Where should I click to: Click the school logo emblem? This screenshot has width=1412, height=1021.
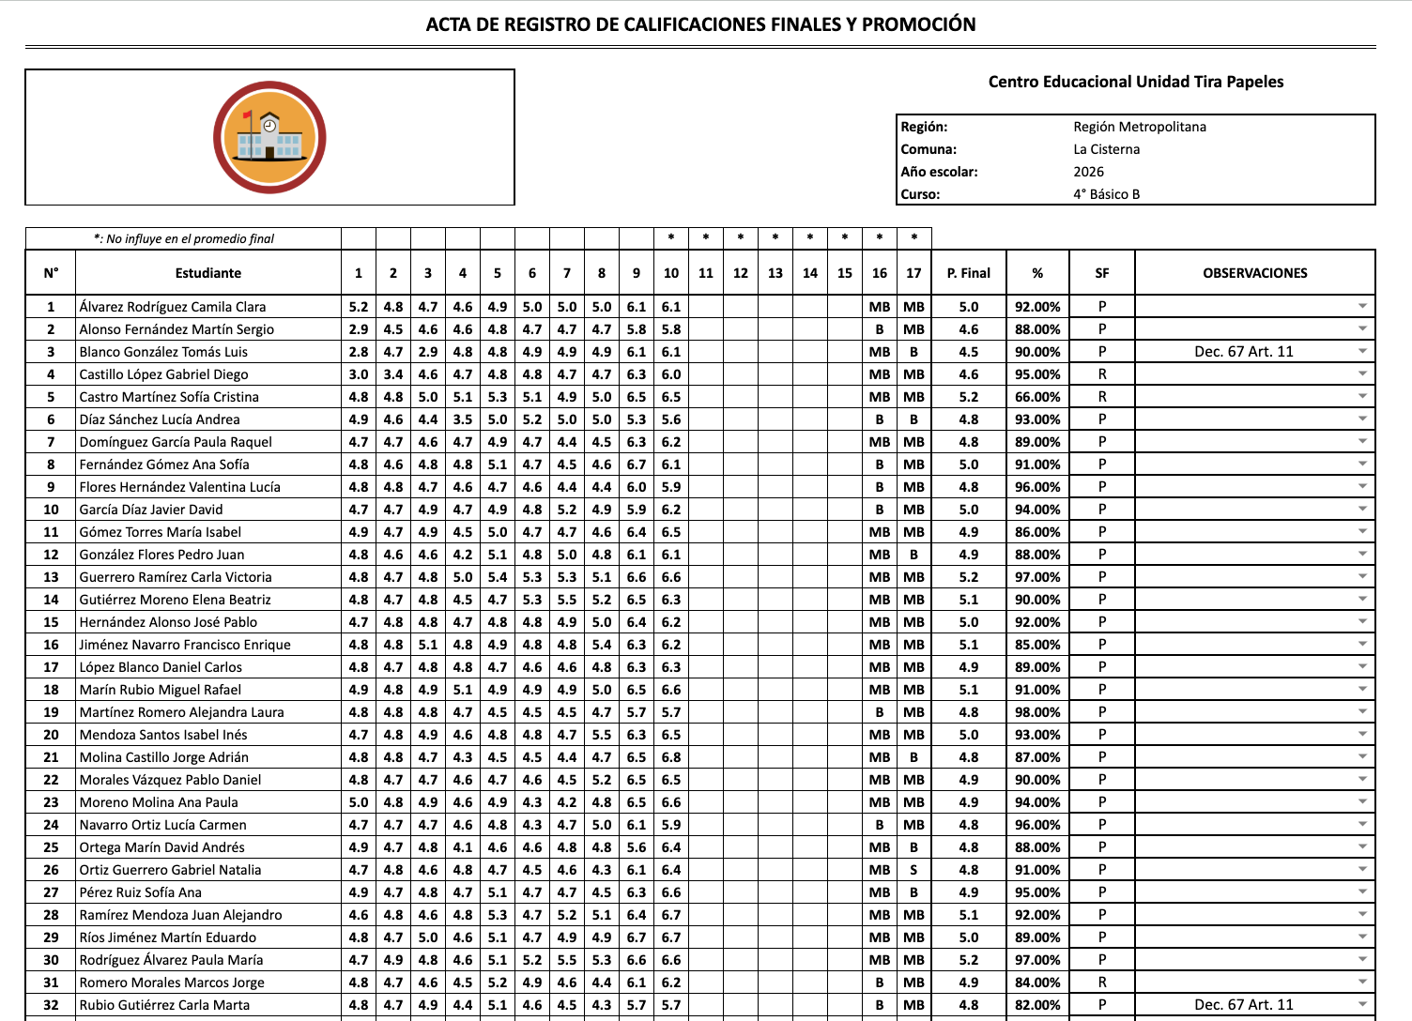[x=269, y=138]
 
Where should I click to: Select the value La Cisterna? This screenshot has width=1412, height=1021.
[x=1106, y=149]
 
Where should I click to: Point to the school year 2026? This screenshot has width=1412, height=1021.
[x=1088, y=172]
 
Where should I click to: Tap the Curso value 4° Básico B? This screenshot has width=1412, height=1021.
[x=1106, y=194]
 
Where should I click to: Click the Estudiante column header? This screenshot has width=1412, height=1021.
[x=207, y=273]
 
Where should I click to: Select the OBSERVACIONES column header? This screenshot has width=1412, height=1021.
[x=1254, y=273]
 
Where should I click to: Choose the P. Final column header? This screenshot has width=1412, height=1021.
[x=968, y=273]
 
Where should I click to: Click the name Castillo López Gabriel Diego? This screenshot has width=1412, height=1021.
[x=163, y=374]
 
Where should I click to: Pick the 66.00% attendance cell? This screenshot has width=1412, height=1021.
[x=1036, y=397]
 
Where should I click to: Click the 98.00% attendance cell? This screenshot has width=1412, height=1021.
[x=1036, y=712]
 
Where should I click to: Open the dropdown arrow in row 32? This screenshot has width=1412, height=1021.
[x=1362, y=1004]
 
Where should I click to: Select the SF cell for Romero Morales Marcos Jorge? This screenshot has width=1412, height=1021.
[x=1101, y=983]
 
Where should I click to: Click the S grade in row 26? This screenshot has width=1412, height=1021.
[x=913, y=870]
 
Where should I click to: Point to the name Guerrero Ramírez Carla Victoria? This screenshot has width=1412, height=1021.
[x=176, y=577]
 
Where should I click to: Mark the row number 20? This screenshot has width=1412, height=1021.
[x=51, y=735]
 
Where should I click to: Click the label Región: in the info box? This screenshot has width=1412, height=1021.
[x=924, y=127]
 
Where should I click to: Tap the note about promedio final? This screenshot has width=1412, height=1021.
[x=184, y=238]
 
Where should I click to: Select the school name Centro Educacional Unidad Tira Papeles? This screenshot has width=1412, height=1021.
[x=1135, y=82]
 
